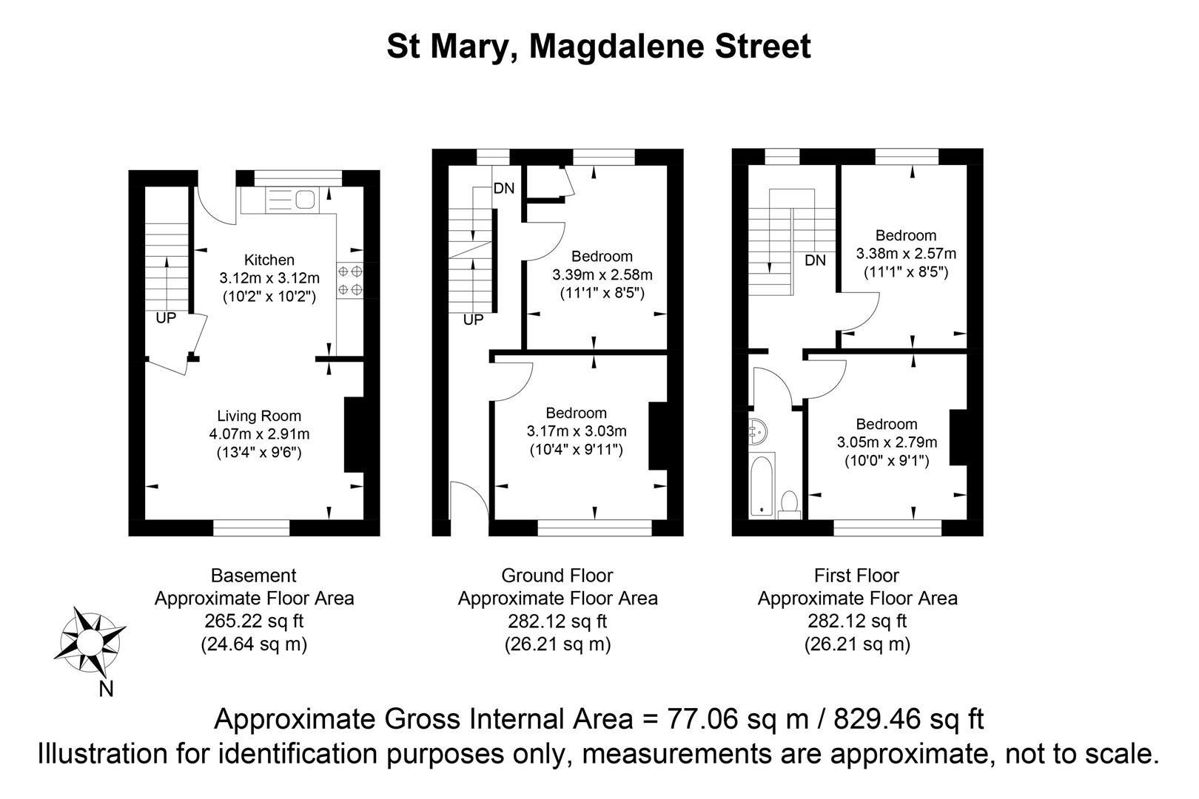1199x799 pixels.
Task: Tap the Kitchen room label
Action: point(269,260)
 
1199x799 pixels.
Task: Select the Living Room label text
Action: point(259,416)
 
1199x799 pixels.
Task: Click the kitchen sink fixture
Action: point(293,199)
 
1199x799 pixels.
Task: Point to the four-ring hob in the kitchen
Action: point(350,280)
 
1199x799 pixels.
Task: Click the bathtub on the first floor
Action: point(761,485)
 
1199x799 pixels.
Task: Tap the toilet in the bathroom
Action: point(789,504)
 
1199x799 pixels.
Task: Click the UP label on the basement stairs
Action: point(166,319)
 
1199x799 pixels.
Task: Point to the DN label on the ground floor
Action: point(504,189)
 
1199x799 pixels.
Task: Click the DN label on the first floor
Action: point(815,260)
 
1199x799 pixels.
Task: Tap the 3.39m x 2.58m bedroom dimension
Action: point(602,274)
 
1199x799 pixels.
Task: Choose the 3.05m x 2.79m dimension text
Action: point(887,442)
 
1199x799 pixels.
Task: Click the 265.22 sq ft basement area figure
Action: point(254,621)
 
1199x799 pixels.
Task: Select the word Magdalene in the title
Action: point(614,47)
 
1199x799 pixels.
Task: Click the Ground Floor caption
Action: point(557,575)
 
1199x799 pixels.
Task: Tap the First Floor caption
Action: point(857,575)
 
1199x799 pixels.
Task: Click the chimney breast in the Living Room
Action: point(355,434)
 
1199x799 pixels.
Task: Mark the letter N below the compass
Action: point(107,689)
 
